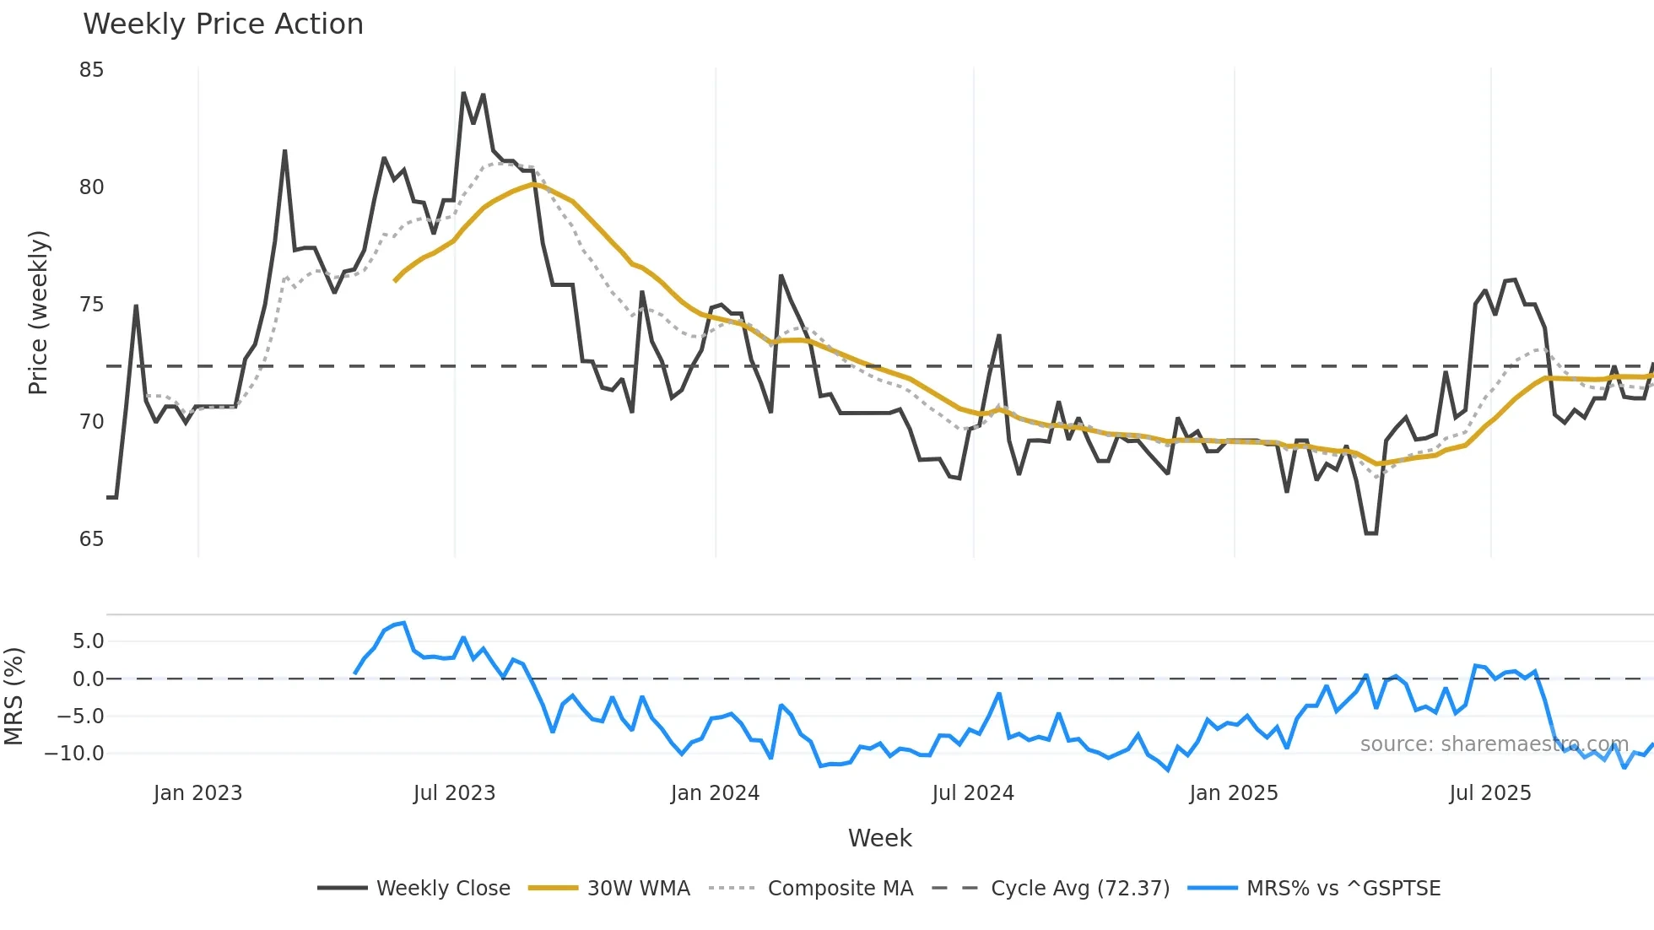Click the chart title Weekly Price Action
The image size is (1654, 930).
pos(223,24)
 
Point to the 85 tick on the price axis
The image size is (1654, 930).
pos(91,70)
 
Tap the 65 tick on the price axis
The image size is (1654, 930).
pos(91,539)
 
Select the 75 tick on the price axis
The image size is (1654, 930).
pos(91,305)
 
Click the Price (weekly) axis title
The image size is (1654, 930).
pos(38,312)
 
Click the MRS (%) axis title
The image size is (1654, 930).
pos(14,696)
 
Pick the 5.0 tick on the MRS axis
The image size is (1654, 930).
pos(88,641)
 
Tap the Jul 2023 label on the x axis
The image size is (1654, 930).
pos(454,793)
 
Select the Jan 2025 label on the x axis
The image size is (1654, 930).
pos(1233,793)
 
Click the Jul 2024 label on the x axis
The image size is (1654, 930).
pos(972,793)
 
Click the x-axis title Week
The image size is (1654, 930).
pos(879,838)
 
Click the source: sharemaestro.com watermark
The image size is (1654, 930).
pos(1494,744)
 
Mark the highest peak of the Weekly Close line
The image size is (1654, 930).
pos(463,93)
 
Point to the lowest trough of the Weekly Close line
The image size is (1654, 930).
pos(1370,533)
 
